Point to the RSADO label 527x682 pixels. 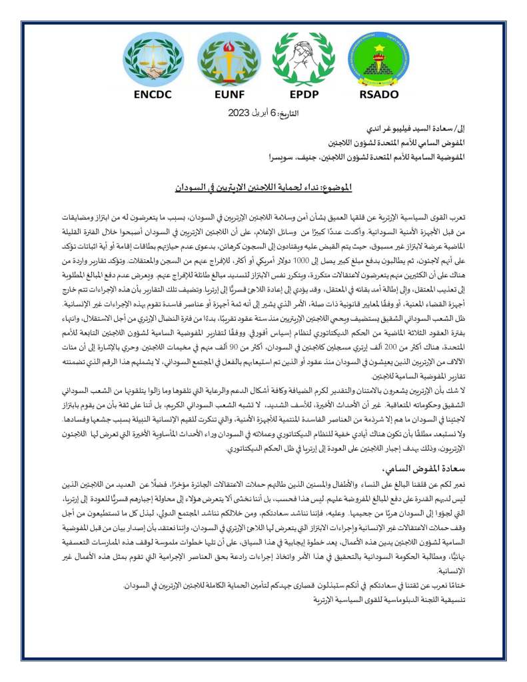coord(378,94)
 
